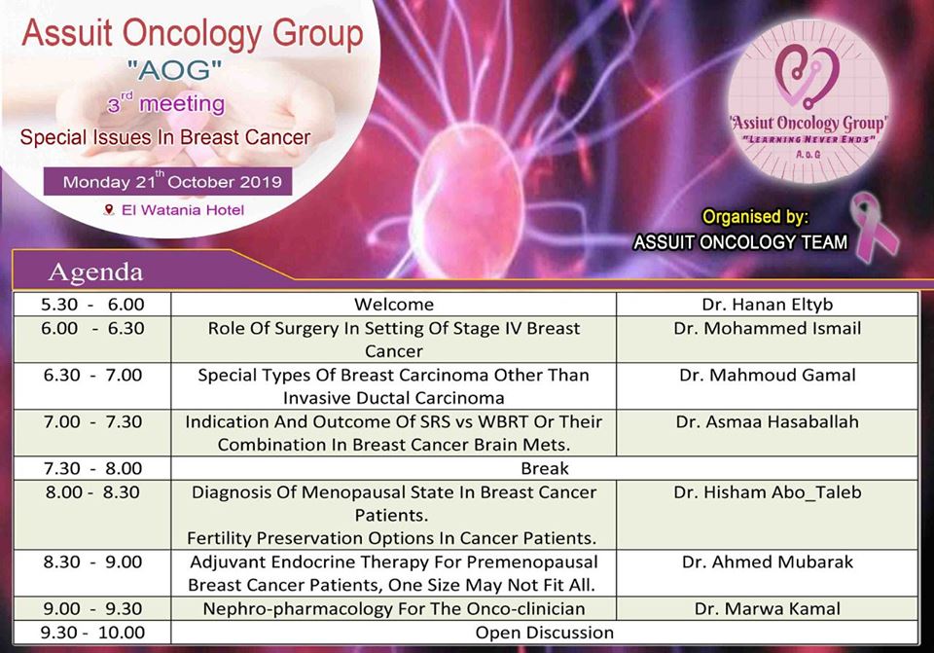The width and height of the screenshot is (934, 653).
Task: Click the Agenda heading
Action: pos(96,272)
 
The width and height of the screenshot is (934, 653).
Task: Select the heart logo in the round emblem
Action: pos(808,75)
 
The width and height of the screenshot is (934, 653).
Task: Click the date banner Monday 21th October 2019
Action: pos(168,181)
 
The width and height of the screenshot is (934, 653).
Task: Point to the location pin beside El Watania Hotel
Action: pos(108,210)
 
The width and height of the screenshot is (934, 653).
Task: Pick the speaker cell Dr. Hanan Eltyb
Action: pos(768,305)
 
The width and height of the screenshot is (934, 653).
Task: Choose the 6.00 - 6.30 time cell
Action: pos(93,328)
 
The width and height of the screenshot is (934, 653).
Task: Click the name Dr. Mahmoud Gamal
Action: pos(768,375)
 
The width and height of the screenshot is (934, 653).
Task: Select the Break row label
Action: pos(545,468)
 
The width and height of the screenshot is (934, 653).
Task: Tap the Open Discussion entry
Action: pos(545,633)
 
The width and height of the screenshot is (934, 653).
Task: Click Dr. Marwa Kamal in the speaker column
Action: pos(768,608)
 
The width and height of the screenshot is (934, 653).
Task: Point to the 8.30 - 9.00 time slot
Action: pos(93,562)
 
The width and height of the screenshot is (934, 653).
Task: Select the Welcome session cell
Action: pos(394,305)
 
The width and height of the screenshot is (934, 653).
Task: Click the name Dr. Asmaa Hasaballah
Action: pos(768,421)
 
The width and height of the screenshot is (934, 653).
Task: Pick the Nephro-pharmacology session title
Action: pos(394,608)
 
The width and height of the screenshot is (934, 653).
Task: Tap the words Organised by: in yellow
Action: pos(755,216)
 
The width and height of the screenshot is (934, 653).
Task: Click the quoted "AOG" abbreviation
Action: pos(174,70)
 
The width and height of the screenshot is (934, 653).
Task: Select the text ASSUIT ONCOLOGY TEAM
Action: pos(739,242)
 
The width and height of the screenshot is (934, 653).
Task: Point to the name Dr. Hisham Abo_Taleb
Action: pos(768,492)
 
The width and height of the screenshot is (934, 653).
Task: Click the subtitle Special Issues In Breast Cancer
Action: pos(165,137)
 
